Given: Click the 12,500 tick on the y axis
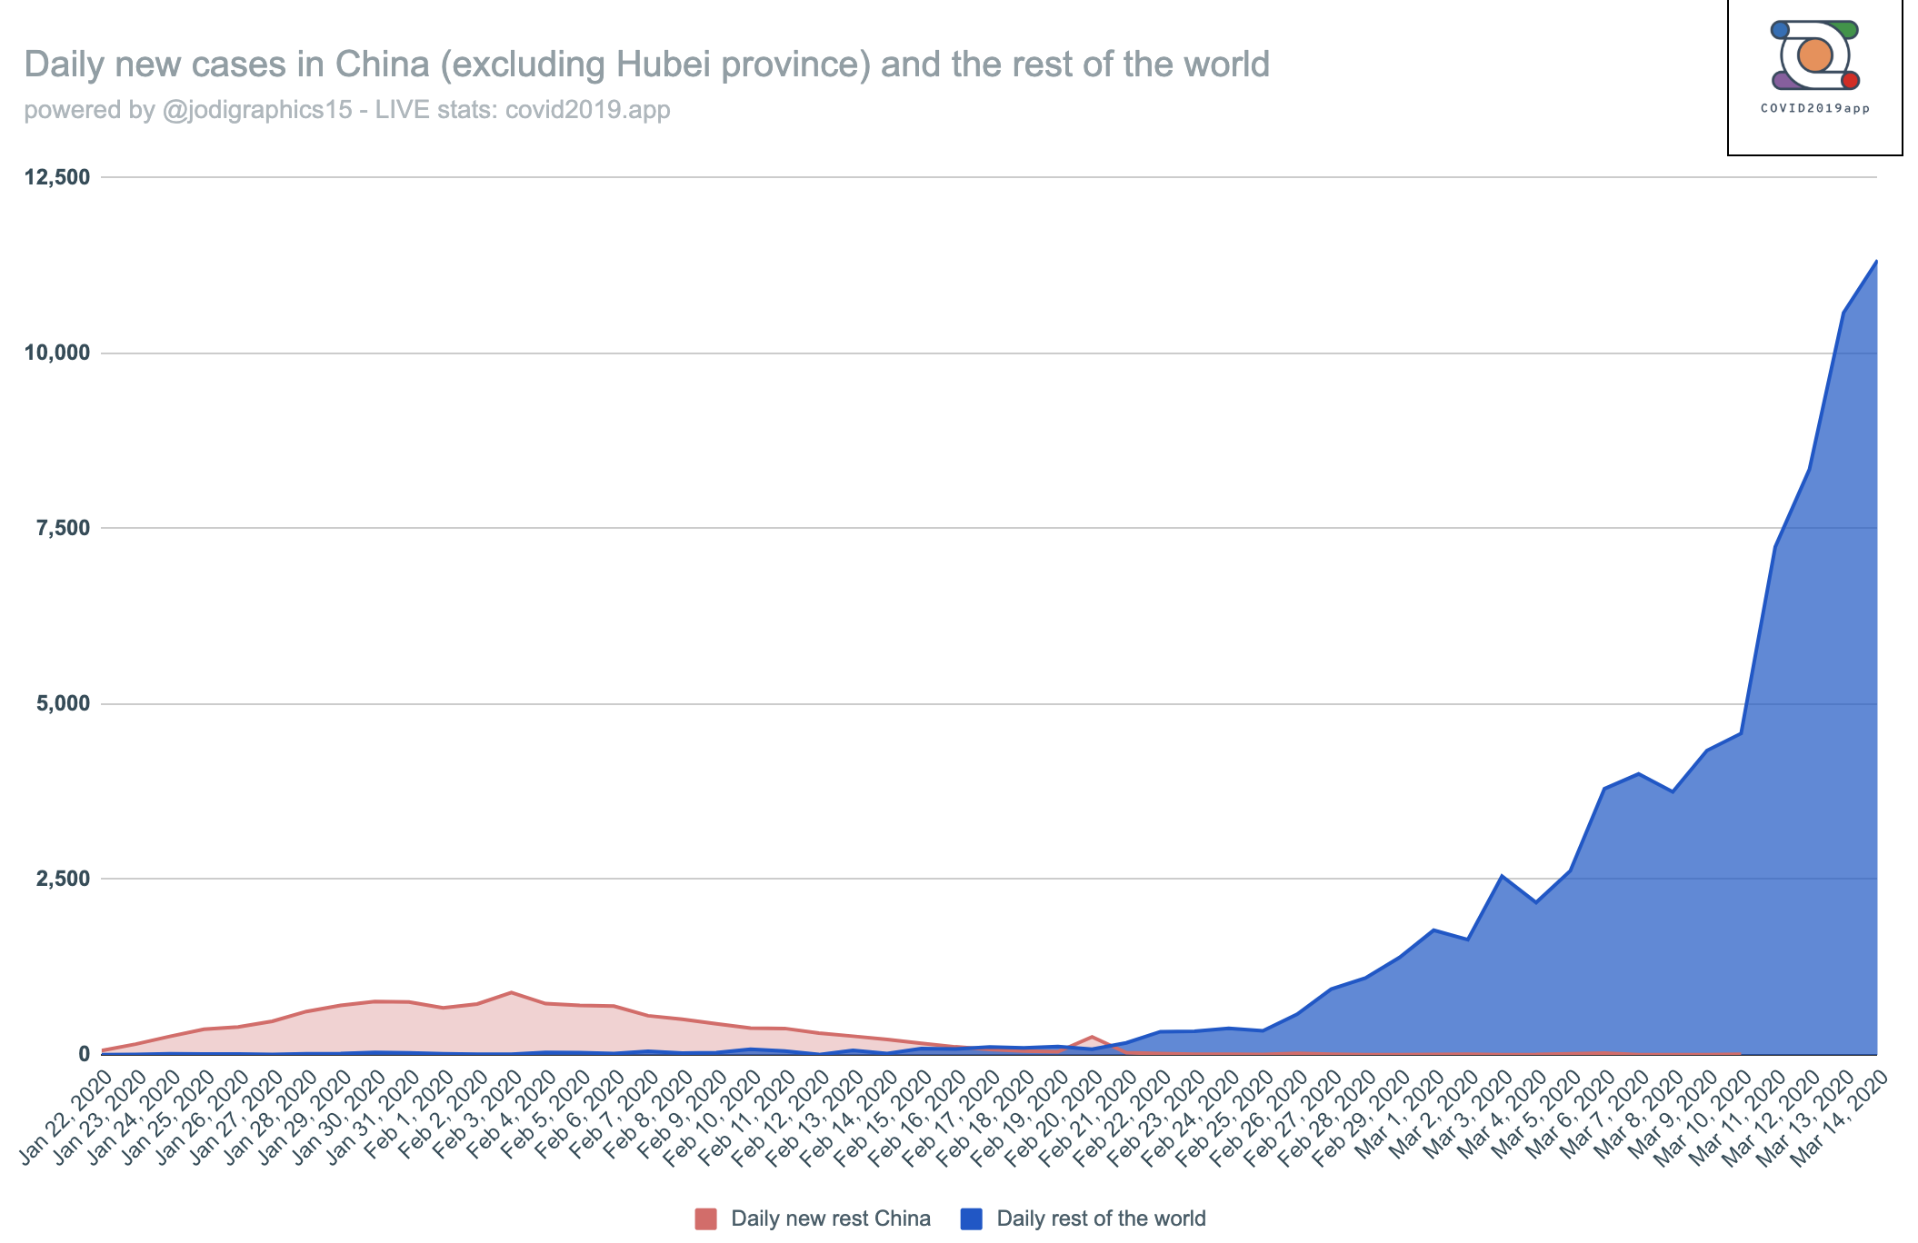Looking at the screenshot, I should point(58,177).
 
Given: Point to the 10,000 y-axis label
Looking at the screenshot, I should point(58,353).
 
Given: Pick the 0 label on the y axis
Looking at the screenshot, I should point(85,1054).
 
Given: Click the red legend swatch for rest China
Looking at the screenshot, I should point(705,1218).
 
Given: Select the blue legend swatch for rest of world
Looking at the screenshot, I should point(971,1218).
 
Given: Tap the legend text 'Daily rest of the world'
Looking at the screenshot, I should point(1101,1218).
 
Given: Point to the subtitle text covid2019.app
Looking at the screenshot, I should point(587,110).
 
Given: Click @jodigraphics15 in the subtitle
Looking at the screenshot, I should point(256,110).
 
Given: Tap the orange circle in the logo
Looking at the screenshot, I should point(1814,55).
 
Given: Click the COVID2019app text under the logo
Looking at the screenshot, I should point(1814,108).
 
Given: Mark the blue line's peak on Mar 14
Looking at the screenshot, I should point(1876,262).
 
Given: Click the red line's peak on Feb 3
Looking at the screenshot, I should point(512,992).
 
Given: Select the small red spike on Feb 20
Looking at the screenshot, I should point(1092,1037).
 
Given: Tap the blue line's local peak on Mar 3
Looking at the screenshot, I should point(1502,876).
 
